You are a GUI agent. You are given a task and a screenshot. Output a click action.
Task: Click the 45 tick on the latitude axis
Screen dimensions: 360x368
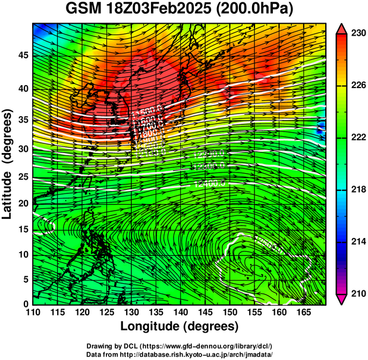pyautogui.click(x=22, y=55)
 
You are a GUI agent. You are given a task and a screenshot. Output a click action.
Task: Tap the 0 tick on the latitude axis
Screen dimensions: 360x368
pyautogui.click(x=25, y=303)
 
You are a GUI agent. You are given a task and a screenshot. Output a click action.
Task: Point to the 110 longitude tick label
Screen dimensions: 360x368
pyautogui.click(x=33, y=312)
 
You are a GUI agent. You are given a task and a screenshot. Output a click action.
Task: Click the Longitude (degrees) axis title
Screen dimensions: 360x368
pyautogui.click(x=180, y=326)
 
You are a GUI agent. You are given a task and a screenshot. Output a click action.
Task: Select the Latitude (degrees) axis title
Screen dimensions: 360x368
pyautogui.click(x=8, y=164)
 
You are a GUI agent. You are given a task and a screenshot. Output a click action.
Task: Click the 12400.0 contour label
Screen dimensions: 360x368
pyautogui.click(x=209, y=184)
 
